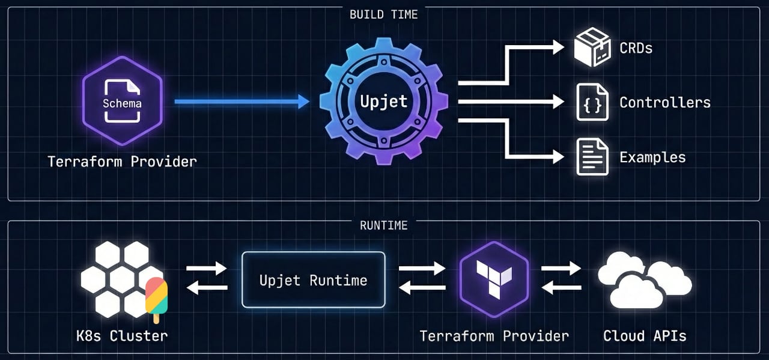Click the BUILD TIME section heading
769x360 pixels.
383,14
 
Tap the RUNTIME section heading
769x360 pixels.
383,226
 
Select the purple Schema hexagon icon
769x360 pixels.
122,102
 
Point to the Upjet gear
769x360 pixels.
384,102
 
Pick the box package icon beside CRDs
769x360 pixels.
592,47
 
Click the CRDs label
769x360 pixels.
636,48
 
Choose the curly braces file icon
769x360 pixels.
592,102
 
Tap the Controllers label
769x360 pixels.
665,102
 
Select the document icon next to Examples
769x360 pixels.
592,157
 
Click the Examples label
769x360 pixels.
652,157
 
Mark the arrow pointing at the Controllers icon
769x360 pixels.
511,102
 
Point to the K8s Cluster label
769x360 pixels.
122,335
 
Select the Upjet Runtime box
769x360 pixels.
313,280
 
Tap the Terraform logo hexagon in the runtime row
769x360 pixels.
494,280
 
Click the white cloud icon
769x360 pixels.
644,279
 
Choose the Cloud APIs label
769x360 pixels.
644,335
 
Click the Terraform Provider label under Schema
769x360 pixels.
122,162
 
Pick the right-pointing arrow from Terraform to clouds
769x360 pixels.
561,269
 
